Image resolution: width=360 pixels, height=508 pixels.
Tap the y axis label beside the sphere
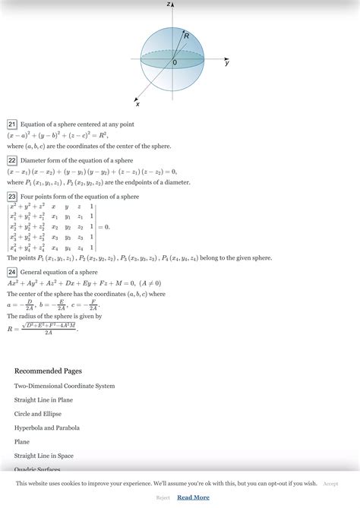tap(227, 64)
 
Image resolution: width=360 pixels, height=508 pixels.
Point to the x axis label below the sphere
tap(137, 103)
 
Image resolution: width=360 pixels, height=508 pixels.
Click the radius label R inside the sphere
tap(186, 36)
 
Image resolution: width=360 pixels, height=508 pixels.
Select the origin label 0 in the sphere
tap(174, 63)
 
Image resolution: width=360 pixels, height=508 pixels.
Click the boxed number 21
tap(12, 124)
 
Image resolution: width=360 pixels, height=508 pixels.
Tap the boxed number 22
tap(12, 160)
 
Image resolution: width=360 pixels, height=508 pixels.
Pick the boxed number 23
tap(12, 196)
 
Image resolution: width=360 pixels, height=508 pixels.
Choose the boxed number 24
tap(12, 272)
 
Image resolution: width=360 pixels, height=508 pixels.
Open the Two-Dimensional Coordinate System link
tap(65, 386)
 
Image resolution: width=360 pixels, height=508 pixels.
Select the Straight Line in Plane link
tap(43, 399)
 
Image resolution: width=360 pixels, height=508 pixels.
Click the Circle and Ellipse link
tap(37, 414)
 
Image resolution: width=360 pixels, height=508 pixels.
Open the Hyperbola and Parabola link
tap(46, 428)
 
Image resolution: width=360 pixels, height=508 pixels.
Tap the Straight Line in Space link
tap(43, 456)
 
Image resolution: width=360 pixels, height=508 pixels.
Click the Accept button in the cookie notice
tap(330, 483)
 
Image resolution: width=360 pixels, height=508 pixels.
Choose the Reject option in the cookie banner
tap(163, 497)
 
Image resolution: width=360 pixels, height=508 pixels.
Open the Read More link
tap(193, 497)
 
